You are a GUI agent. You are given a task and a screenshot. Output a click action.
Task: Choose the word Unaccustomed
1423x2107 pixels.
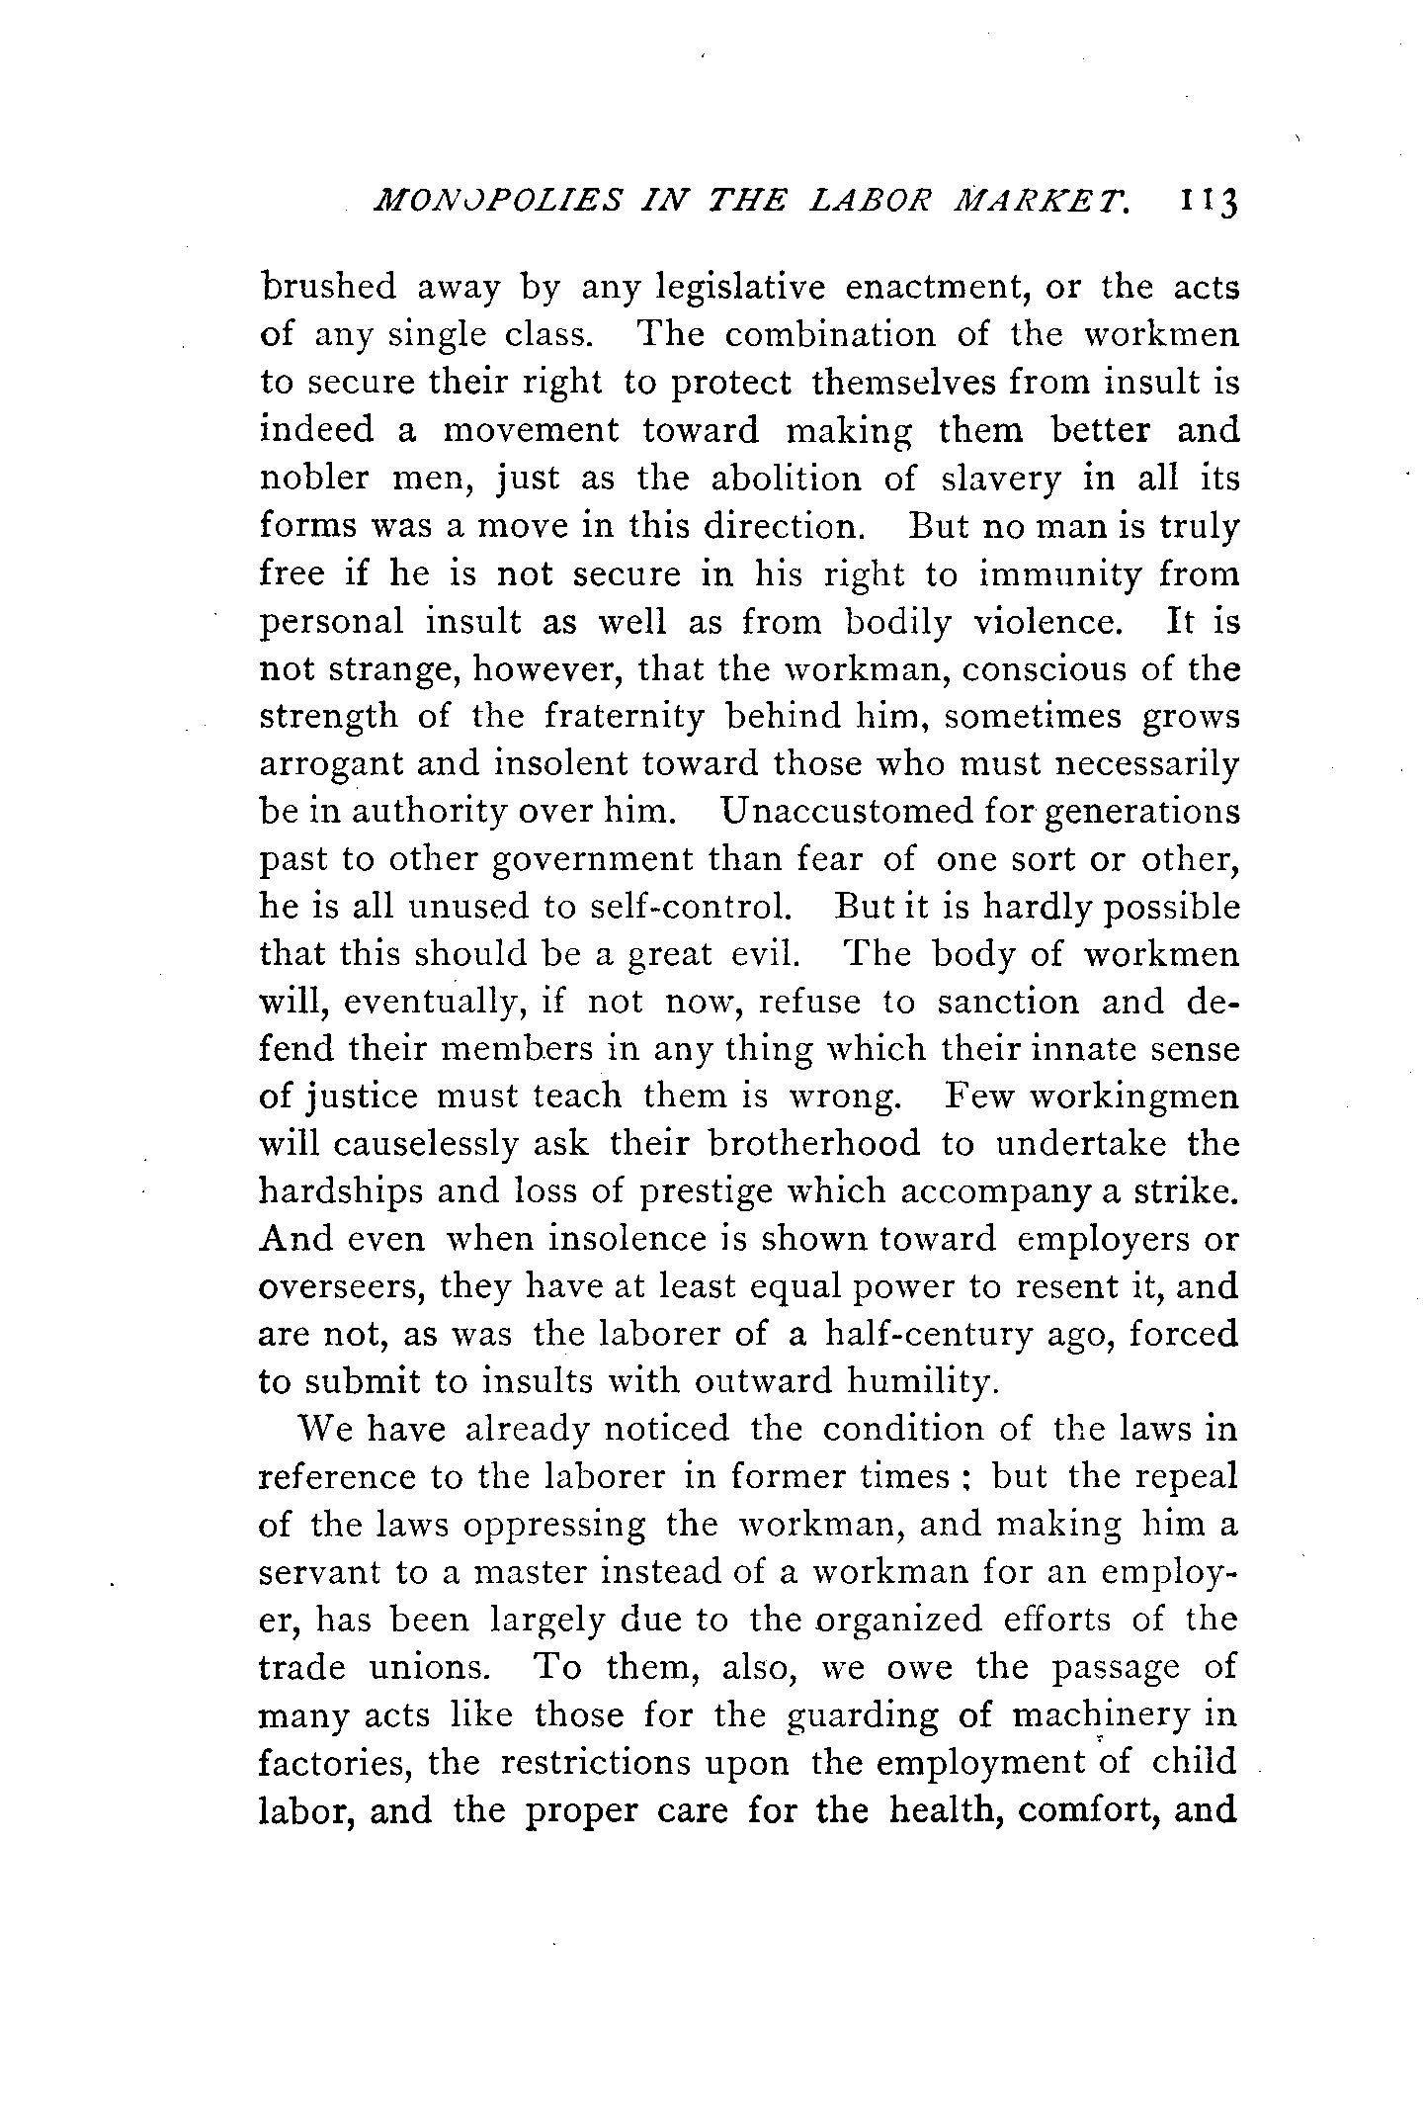pyautogui.click(x=849, y=811)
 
